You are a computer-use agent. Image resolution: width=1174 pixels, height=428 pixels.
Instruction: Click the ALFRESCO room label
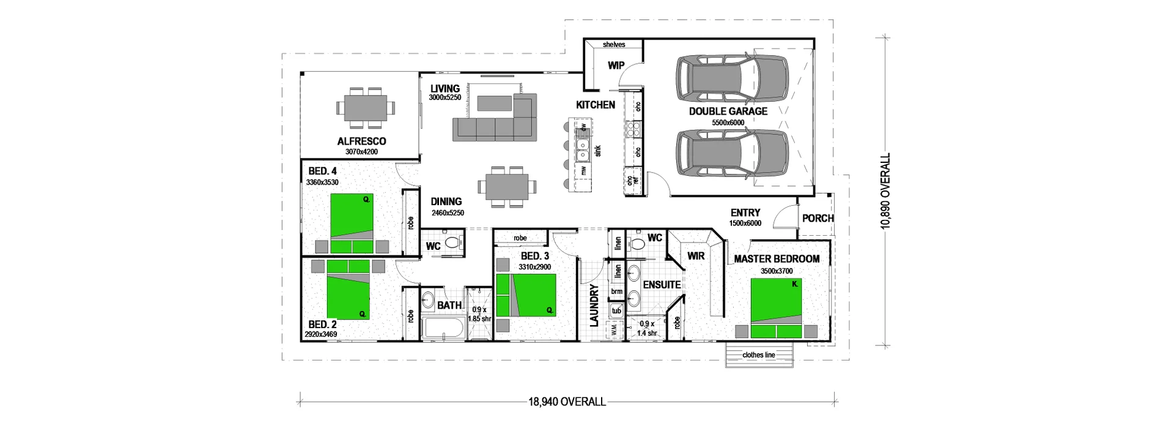tap(361, 141)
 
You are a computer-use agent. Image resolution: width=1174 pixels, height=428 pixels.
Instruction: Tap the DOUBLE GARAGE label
tap(728, 111)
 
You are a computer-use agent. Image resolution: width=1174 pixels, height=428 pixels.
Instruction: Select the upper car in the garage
tap(732, 79)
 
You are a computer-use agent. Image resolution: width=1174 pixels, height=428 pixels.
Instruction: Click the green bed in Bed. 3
tap(526, 295)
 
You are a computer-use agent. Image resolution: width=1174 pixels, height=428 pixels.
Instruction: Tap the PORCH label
tap(818, 218)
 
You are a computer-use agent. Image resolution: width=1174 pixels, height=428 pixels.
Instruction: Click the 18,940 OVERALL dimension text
tap(567, 402)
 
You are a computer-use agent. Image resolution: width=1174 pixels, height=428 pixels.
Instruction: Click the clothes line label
tap(758, 355)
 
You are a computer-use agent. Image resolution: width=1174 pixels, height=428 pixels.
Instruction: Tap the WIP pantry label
tap(616, 65)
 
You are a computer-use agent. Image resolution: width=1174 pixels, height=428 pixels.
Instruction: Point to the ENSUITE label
tap(662, 285)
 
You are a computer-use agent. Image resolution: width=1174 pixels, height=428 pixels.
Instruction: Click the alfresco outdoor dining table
tap(365, 108)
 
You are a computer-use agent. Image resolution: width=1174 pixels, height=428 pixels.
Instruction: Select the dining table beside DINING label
tap(506, 187)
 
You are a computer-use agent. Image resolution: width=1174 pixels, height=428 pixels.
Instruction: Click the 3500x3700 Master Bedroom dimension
tap(776, 271)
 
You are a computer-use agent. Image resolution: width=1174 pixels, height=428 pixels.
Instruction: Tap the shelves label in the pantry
tap(613, 45)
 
